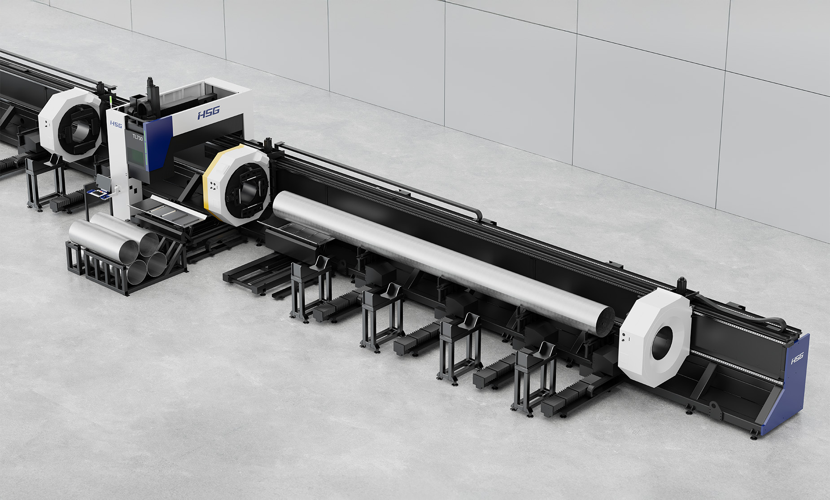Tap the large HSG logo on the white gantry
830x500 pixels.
click(x=208, y=113)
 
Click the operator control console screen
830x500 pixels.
click(x=102, y=181)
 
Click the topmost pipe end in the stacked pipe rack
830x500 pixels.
click(x=149, y=244)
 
